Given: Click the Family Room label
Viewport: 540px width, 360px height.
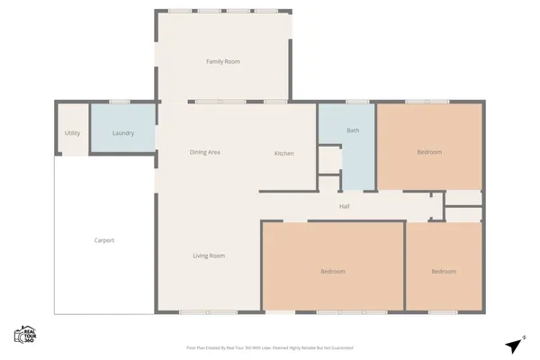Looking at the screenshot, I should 223,61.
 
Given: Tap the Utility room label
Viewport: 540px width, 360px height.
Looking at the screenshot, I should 72,133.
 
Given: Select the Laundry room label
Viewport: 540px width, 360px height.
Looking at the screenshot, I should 123,133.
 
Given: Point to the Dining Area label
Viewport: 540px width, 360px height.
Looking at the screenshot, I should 205,152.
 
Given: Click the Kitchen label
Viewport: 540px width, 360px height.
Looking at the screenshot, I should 283,153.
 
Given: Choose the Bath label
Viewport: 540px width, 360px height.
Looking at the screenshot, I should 353,131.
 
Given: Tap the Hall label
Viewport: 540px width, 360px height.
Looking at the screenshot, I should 344,206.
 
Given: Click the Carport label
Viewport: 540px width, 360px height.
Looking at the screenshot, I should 104,240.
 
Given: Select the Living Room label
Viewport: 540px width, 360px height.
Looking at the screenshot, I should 209,256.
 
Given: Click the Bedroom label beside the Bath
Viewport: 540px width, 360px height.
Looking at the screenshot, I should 429,152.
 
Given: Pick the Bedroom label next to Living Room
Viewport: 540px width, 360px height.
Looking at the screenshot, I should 333,271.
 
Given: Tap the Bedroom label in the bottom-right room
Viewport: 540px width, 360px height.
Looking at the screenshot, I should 443,271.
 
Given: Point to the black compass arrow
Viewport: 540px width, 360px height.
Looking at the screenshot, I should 514,346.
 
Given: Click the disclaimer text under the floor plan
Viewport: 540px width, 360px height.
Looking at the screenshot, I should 269,346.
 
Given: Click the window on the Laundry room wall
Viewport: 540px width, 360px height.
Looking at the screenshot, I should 120,102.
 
